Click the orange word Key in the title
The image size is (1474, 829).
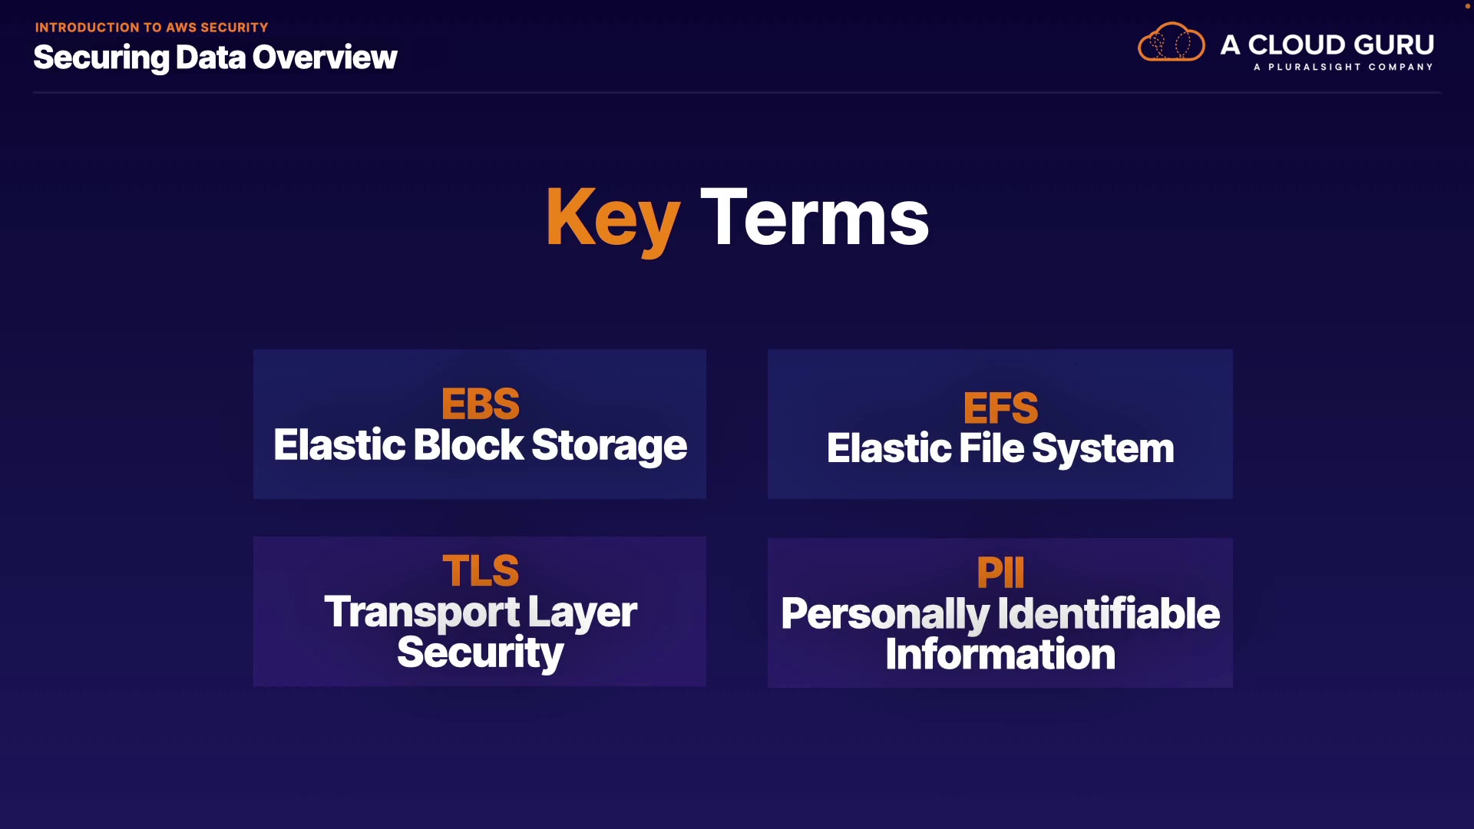[612, 218]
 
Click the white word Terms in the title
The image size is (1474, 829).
[815, 218]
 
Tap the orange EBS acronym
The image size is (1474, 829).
[480, 404]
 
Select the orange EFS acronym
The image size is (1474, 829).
[1000, 408]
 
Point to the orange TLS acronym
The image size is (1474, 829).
[480, 570]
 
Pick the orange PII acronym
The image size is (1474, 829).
[1000, 573]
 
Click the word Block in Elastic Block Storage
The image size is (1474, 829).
[468, 445]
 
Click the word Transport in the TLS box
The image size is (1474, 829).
[422, 613]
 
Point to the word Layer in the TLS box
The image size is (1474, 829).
[582, 613]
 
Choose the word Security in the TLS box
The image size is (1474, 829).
[480, 653]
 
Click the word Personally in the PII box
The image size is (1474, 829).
[885, 615]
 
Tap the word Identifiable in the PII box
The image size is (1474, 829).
[1109, 613]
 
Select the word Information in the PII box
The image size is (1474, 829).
[1000, 655]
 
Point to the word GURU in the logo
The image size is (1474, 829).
[1393, 45]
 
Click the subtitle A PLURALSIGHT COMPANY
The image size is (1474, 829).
[1343, 68]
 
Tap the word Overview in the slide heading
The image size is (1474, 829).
[325, 58]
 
